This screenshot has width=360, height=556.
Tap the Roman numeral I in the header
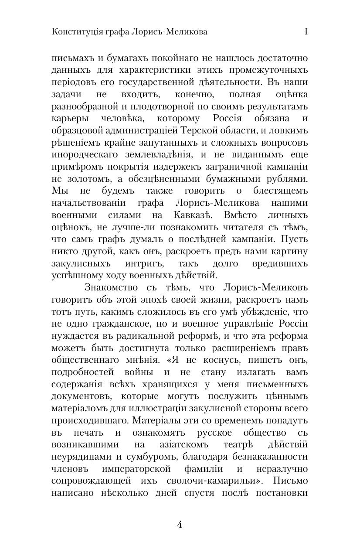click(306, 32)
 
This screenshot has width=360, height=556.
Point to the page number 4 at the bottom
click(180, 525)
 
